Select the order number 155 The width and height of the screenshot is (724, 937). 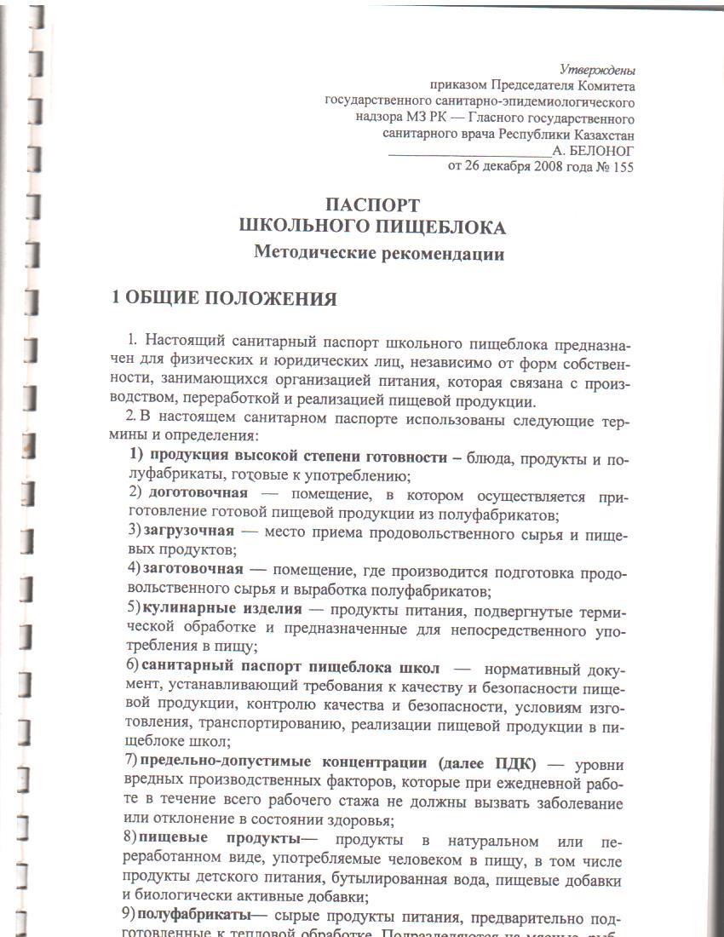[x=622, y=167]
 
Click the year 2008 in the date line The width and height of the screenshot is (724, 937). [x=534, y=167]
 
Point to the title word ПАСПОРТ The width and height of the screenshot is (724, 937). [x=373, y=205]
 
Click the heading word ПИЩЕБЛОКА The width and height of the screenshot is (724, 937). [x=440, y=227]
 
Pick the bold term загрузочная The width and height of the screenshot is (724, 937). [x=188, y=531]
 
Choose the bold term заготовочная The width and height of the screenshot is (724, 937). [x=192, y=568]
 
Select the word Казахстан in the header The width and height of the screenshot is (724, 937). [x=601, y=135]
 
